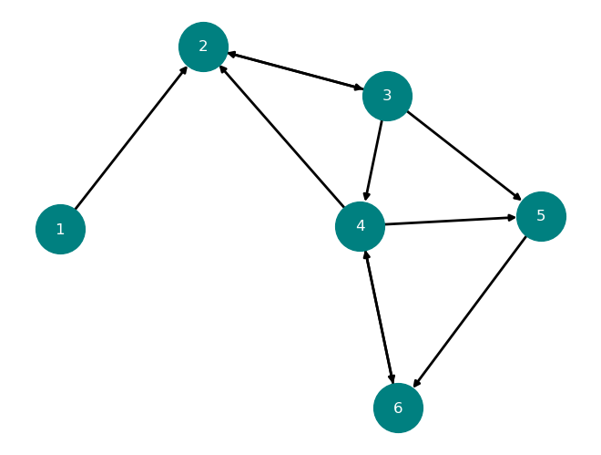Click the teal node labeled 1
(x=60, y=229)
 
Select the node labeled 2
(x=203, y=47)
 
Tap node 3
(x=387, y=96)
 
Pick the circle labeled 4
(x=360, y=226)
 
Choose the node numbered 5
(x=541, y=216)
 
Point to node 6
(x=398, y=408)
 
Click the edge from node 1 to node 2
(x=131, y=138)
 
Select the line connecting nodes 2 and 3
(x=295, y=71)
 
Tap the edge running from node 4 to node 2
(x=281, y=136)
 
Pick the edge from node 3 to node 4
(x=374, y=160)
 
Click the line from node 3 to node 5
(x=463, y=156)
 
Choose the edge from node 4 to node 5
(x=451, y=221)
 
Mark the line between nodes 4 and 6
(x=379, y=317)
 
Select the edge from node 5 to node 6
(x=470, y=312)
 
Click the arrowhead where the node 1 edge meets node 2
(x=183, y=71)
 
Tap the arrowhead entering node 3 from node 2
(x=359, y=88)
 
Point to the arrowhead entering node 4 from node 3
(x=367, y=196)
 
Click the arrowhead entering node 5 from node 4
(x=512, y=218)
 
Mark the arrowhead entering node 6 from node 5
(x=417, y=382)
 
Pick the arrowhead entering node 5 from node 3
(x=517, y=197)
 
